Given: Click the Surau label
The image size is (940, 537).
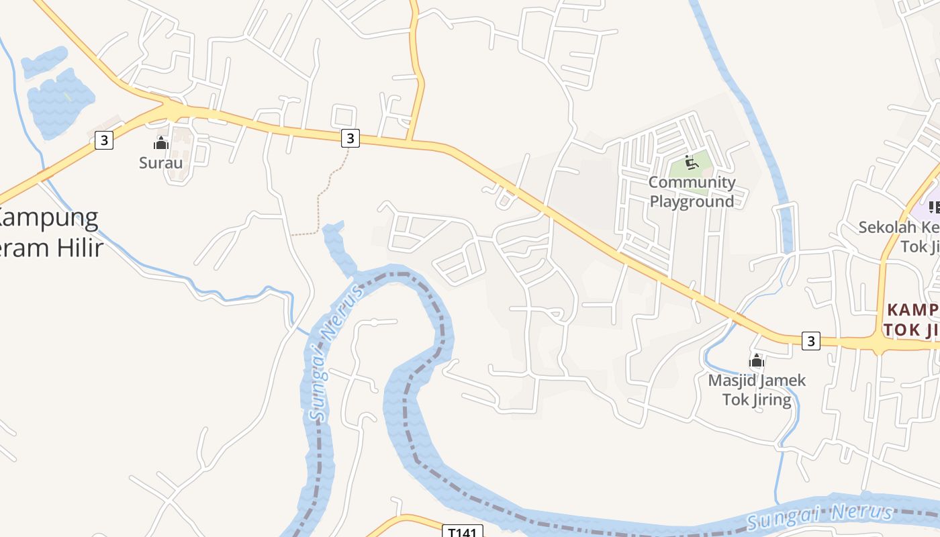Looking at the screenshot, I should [x=160, y=162].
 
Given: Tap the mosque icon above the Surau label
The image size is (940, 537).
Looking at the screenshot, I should [x=161, y=143].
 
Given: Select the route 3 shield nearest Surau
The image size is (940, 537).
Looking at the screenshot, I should [x=103, y=140].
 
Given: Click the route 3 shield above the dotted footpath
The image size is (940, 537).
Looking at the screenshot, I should [x=350, y=138].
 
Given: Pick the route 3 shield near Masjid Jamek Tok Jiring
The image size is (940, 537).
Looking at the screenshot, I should [x=811, y=341].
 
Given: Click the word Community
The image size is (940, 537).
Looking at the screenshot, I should [x=692, y=182].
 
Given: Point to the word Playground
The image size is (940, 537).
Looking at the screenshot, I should [x=692, y=201].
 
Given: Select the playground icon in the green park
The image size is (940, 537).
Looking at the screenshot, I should [x=691, y=162].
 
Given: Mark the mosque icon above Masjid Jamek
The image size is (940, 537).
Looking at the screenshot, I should [x=757, y=361].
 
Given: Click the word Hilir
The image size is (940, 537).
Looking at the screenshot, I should [x=79, y=248].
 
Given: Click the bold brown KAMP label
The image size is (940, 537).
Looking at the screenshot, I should [x=912, y=309].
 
